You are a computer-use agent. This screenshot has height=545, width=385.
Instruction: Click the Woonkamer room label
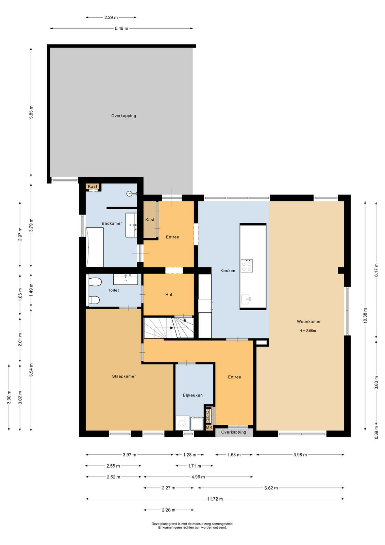coord(309,322)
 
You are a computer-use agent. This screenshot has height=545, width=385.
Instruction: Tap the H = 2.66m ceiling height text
coord(308,331)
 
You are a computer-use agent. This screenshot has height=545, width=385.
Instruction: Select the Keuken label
coord(228,270)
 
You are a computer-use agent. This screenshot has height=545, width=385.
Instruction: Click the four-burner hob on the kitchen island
coord(247,266)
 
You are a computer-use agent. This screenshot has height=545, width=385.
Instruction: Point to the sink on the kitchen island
coord(246,298)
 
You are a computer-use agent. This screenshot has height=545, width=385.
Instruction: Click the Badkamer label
coord(112,223)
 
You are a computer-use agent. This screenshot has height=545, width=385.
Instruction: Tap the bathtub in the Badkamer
coord(95,247)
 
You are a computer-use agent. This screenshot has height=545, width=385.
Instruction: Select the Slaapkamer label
coord(124,376)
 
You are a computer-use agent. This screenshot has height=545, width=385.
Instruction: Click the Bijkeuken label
coord(192,395)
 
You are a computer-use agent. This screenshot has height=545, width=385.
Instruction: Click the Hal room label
coord(169,295)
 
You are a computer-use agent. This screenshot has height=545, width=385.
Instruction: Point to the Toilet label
coord(114,290)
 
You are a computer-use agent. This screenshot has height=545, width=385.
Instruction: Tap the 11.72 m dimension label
coord(215,499)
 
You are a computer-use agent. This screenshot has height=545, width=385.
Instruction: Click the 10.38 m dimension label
coord(365,315)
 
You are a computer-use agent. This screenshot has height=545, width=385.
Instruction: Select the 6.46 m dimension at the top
coord(121,29)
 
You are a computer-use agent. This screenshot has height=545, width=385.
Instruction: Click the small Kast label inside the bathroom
coord(92,186)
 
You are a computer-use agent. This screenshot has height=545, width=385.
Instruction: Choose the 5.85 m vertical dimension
coord(31,112)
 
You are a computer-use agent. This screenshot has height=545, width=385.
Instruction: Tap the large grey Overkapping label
coord(124,116)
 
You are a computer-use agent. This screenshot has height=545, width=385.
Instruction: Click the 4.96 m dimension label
coord(198,477)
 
